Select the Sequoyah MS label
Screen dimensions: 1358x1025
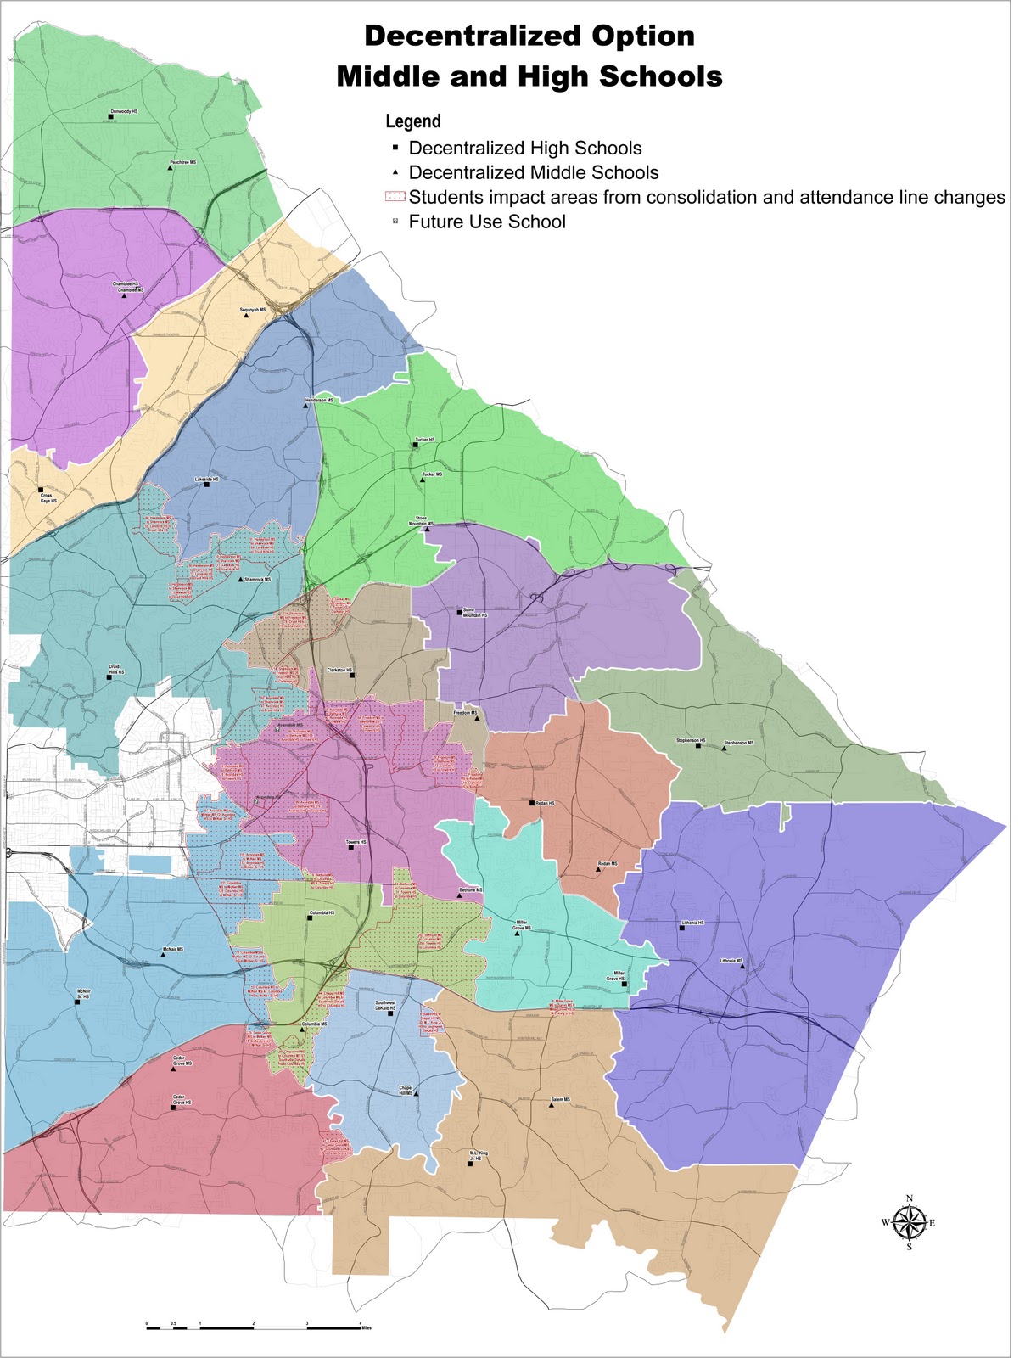tap(253, 310)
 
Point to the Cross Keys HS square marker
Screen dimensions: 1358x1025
tap(40, 491)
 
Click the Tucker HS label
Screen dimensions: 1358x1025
tap(424, 440)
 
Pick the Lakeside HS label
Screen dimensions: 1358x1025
tap(207, 480)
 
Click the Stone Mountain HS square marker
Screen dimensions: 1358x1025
tap(460, 611)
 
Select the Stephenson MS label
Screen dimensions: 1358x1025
tap(738, 743)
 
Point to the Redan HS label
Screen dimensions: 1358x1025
tap(545, 802)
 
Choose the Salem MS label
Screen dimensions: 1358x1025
tap(561, 1099)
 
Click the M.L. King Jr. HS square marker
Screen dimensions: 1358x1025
tap(469, 1164)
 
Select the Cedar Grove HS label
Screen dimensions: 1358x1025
tap(182, 1101)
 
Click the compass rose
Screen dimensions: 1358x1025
tap(909, 1222)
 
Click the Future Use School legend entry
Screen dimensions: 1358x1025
tap(486, 222)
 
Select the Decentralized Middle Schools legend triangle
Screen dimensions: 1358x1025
tap(395, 172)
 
